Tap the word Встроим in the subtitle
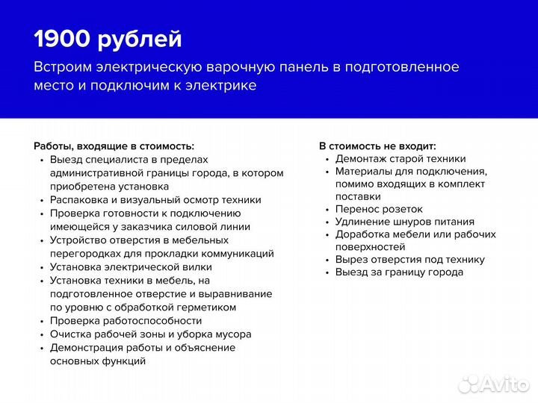tap(63, 67)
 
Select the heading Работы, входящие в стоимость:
tap(114, 146)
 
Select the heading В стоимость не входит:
tap(377, 146)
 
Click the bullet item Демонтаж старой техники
tap(401, 159)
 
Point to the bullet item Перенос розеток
tap(379, 210)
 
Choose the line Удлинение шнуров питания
tap(404, 222)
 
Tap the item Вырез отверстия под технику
tap(409, 260)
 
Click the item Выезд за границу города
tap(399, 272)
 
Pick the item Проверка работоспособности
tap(126, 321)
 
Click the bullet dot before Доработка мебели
tap(327, 235)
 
